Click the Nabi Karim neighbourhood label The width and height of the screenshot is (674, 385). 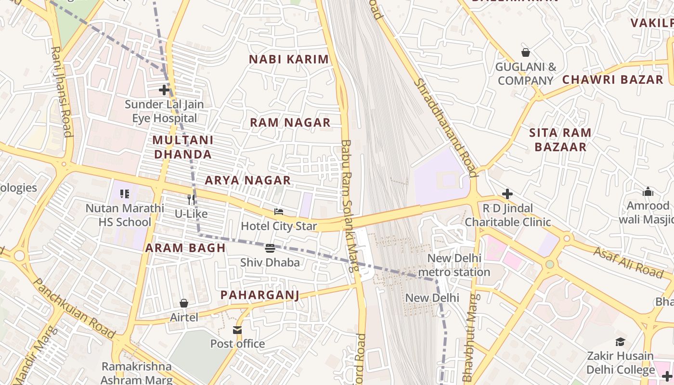tap(288, 59)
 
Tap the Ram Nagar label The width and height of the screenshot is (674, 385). tap(290, 122)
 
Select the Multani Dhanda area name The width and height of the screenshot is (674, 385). tap(182, 147)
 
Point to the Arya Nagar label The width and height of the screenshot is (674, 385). tap(247, 180)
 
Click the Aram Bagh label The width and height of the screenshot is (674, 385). tap(185, 248)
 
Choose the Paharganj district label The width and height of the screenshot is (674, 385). tap(259, 295)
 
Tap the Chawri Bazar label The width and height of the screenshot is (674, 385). tap(612, 79)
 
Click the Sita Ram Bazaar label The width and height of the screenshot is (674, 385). tap(560, 140)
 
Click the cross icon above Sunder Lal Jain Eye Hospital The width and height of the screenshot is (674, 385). tap(164, 90)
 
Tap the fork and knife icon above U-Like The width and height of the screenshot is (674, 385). tap(191, 199)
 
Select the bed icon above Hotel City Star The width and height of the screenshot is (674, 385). tap(278, 211)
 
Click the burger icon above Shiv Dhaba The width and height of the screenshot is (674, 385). tap(270, 248)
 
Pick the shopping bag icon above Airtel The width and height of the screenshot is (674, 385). tap(183, 303)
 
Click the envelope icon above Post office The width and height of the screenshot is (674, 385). tap(237, 330)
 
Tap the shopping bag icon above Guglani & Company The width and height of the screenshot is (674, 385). tap(525, 52)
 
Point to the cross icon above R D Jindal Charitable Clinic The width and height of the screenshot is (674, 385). tap(507, 194)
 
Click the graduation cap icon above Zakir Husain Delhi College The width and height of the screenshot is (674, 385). tap(620, 342)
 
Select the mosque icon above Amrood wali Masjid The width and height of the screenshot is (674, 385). tap(648, 192)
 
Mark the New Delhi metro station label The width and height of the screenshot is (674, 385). tap(454, 265)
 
